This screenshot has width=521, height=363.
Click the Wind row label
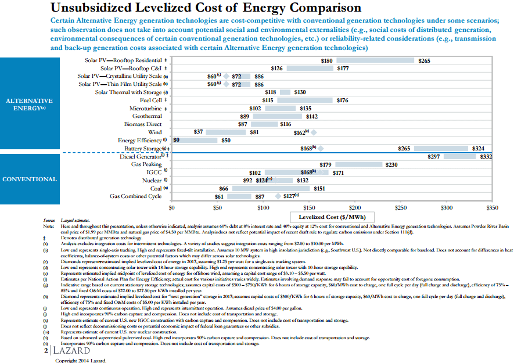click(154, 132)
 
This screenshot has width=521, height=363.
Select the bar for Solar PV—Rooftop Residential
click(376, 60)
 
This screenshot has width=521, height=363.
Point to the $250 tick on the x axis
click(401, 207)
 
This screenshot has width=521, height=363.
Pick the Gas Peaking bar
click(358, 164)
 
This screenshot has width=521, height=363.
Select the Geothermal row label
click(146, 116)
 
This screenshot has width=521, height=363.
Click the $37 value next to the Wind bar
click(198, 132)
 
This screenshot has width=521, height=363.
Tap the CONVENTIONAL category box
click(30, 179)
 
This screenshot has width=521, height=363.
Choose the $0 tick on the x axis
click(171, 207)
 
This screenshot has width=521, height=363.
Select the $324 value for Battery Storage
click(479, 149)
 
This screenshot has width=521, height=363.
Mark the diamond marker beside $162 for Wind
click(314, 132)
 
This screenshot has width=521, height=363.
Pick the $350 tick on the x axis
click(492, 207)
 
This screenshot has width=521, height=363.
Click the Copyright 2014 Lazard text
click(81, 360)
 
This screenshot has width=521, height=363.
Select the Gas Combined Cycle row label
click(135, 196)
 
